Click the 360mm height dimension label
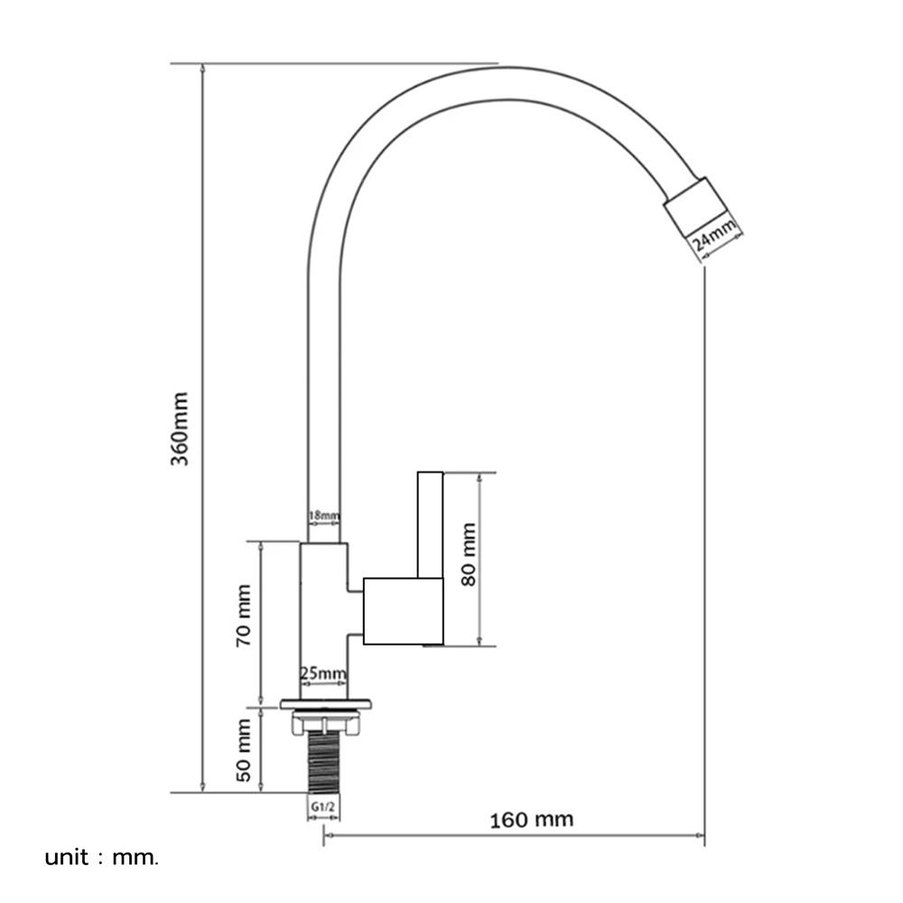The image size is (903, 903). (x=181, y=428)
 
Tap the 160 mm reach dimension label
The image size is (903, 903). (x=532, y=820)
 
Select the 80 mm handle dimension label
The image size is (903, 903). (x=469, y=554)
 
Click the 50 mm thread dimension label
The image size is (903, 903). (x=243, y=749)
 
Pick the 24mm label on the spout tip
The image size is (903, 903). (x=714, y=239)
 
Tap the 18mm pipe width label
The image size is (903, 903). (x=323, y=517)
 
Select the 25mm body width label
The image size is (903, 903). (x=323, y=674)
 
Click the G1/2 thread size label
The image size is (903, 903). (x=323, y=805)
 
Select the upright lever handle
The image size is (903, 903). (x=429, y=524)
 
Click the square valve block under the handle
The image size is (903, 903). (x=402, y=611)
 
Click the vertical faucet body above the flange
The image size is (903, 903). (x=321, y=623)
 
